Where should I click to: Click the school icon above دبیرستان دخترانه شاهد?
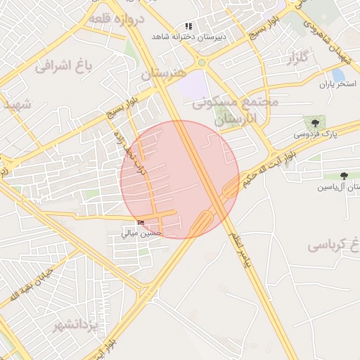188,25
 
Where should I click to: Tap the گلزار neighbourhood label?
298,60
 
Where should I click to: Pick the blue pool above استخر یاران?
338,73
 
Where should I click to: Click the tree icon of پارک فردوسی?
307,122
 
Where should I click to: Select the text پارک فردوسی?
315,133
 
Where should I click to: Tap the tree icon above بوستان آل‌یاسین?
343,176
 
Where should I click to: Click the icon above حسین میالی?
141,223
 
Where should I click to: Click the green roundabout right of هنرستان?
201,63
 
